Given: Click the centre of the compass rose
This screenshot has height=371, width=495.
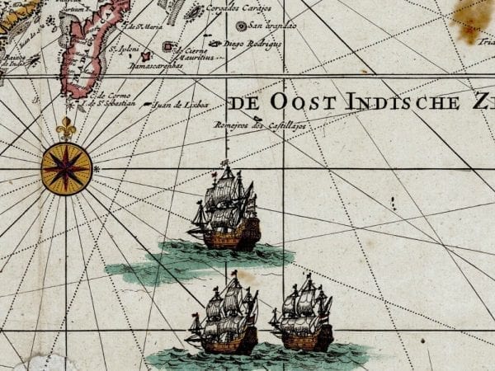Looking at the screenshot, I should pos(66,168).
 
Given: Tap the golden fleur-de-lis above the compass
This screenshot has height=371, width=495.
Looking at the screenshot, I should pos(66,129).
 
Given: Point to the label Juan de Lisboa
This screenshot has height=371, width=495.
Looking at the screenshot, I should pos(181,106).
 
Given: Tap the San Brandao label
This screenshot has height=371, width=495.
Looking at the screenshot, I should pos(270,26).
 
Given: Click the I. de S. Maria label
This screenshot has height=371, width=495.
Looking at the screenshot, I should pos(142,26).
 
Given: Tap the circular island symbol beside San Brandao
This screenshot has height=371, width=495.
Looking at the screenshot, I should pos(241,26).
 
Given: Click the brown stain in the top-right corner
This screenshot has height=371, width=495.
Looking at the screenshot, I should pos(476,16).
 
